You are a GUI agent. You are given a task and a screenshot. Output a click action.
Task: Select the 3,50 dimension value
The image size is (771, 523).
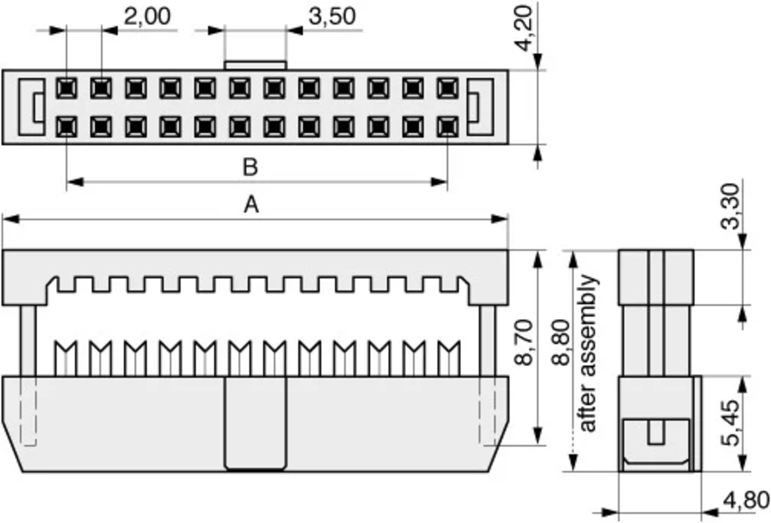click(x=332, y=16)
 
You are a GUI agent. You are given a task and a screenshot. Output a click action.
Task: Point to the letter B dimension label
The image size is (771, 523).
click(x=250, y=167)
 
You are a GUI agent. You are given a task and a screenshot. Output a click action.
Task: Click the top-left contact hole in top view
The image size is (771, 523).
click(x=66, y=88)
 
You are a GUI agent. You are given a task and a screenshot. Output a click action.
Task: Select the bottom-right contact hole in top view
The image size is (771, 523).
click(x=448, y=127)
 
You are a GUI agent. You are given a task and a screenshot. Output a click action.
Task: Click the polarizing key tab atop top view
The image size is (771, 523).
click(x=255, y=65)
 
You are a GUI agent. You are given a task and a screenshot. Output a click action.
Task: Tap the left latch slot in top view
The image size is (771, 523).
click(x=32, y=107)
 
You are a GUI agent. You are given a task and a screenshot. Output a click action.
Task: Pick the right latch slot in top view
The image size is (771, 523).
click(x=480, y=107)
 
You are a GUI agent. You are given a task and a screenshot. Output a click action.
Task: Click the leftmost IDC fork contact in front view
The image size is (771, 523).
click(x=66, y=359)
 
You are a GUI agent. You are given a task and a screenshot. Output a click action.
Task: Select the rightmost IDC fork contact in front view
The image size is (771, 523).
click(x=448, y=359)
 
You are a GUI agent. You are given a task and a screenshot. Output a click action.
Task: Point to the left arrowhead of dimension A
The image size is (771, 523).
click(x=10, y=219)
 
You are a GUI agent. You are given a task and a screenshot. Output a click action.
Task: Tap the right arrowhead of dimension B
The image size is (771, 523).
click(x=439, y=182)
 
